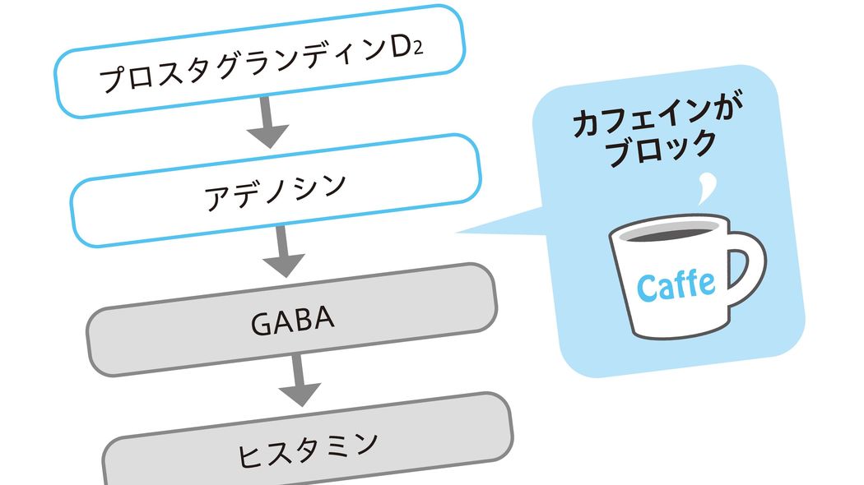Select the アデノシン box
click(275, 191)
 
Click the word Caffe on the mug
click(676, 284)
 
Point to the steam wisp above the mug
click(701, 191)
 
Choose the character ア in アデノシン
click(215, 199)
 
